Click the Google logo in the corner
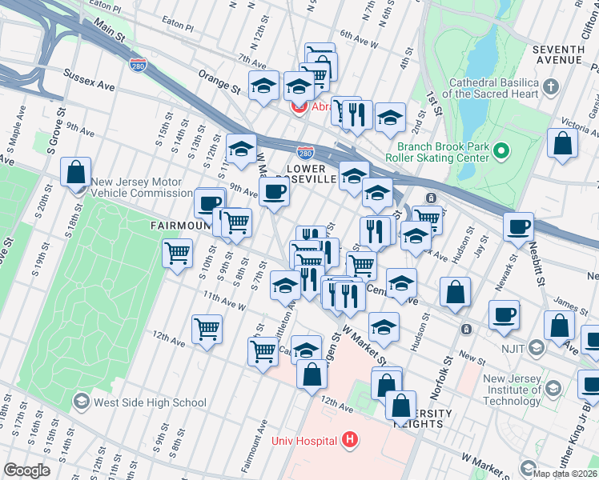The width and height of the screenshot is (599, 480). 27,470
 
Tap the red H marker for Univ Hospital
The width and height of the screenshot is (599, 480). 348,439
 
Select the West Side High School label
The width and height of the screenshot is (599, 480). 150,402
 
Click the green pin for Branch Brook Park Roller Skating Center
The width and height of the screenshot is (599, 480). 502,150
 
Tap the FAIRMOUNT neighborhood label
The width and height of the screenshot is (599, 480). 172,226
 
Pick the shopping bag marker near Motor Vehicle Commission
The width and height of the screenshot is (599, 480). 75,173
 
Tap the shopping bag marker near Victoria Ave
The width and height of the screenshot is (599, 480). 563,145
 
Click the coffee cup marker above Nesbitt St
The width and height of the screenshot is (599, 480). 519,227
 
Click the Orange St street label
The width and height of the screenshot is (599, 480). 219,80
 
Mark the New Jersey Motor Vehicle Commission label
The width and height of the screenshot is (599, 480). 141,187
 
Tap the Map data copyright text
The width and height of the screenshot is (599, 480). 565,474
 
